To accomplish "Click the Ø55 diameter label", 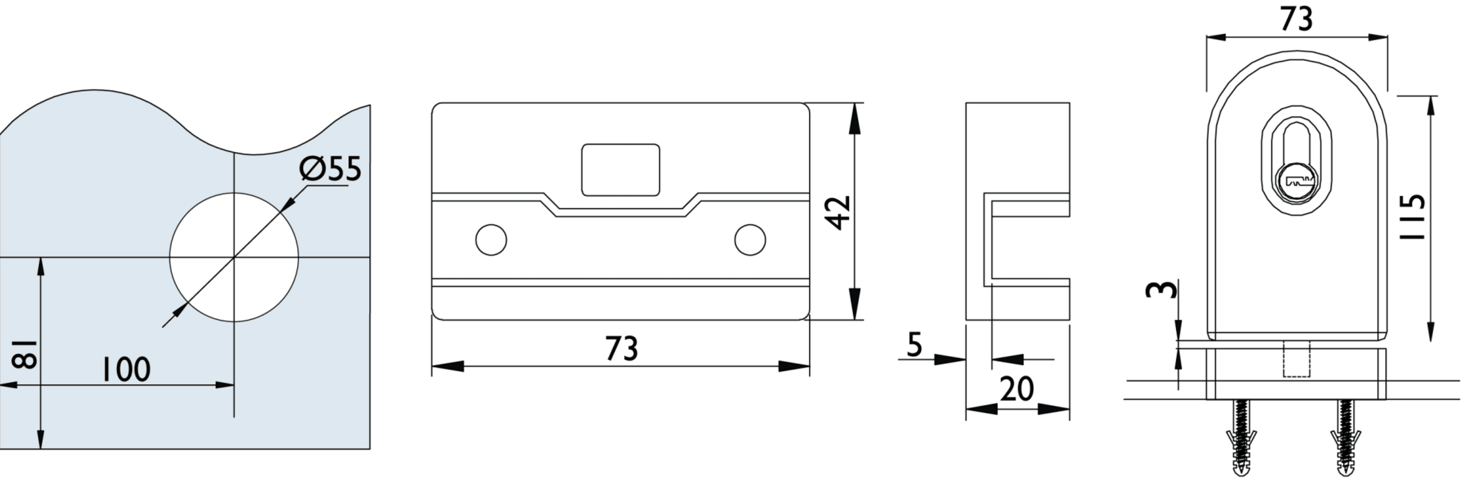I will point(330,169).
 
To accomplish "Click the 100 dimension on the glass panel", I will point(126,370).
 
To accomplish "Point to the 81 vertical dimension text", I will point(24,354).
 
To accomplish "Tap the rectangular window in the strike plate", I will point(620,170).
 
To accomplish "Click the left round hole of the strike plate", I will point(491,240).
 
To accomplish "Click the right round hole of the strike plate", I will point(750,240).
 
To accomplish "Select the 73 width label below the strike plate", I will point(621,349).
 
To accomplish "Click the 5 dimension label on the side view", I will point(914,344).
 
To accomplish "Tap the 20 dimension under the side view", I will point(1017,390).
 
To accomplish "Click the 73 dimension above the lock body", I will point(1297,19).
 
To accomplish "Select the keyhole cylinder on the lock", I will point(1297,182).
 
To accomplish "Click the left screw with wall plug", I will point(1241,439).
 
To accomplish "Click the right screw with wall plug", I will point(1345,439).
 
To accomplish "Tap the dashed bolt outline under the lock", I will point(1297,359).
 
